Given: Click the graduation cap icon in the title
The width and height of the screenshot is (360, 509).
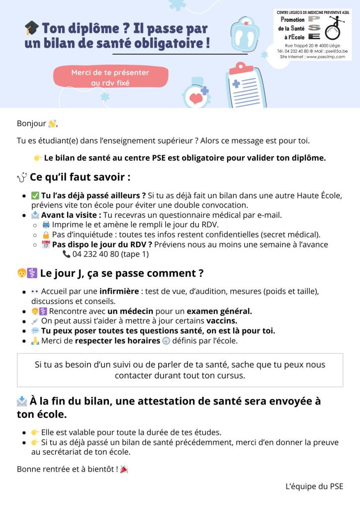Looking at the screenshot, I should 31,29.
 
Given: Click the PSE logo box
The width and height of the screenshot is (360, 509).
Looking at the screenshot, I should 313,34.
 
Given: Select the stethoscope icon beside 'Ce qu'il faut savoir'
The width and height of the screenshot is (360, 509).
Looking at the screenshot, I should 22,177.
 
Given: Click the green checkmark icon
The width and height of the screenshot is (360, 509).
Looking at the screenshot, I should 35,195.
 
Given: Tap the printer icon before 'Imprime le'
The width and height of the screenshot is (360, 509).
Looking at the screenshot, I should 46,224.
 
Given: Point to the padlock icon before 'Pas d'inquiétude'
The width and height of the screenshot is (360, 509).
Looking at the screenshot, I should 46,234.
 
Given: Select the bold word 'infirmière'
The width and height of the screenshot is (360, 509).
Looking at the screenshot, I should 122,291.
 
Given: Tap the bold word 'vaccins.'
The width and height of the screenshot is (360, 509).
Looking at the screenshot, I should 222,321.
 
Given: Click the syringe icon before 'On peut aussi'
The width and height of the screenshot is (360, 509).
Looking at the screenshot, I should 35,321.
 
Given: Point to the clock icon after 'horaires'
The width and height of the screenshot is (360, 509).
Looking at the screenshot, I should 166,341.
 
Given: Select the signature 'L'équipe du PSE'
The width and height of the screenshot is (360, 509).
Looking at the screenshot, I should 314,487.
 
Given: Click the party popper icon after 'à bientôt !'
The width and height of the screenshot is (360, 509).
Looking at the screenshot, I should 124,469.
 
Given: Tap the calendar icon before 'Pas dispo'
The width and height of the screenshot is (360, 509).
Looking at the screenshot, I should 46,244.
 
